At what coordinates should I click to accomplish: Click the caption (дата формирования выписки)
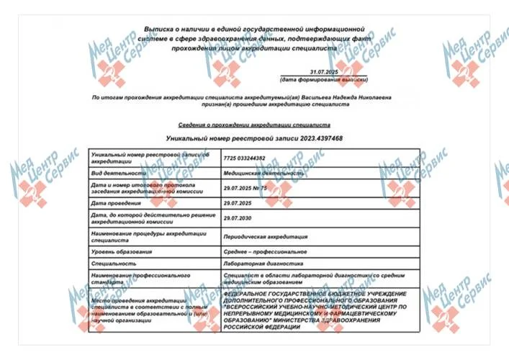pos(326,80)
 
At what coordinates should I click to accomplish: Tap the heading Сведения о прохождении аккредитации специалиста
pos(253,125)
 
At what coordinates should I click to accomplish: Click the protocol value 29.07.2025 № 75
pos(246,188)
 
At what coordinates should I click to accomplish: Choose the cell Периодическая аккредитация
pos(266,236)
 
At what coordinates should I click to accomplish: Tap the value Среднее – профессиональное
pos(266,252)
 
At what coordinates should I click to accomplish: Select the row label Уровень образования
pos(122,252)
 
